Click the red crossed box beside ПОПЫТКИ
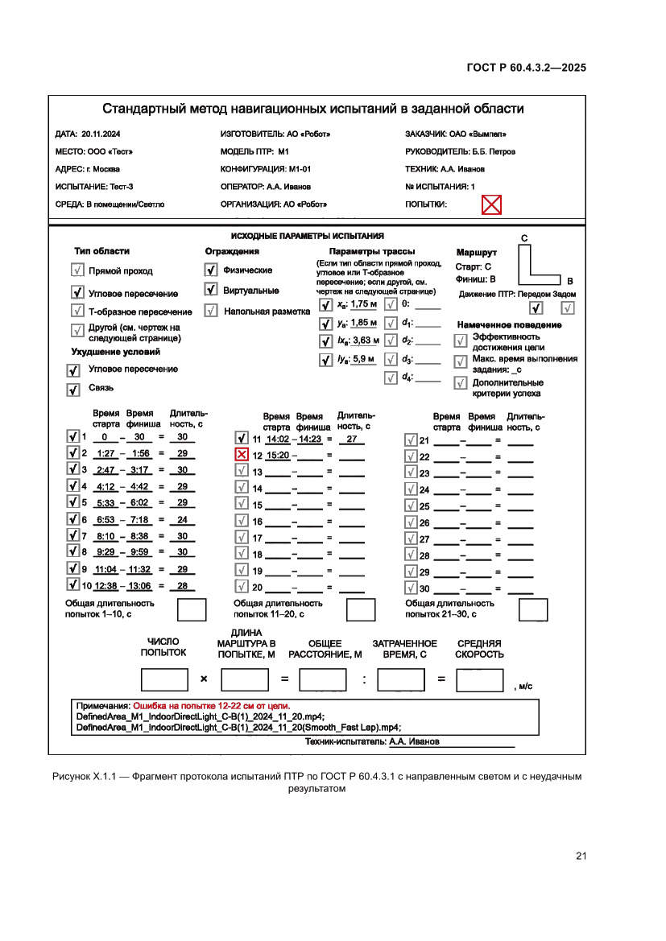pyautogui.click(x=491, y=204)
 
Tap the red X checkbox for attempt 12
pyautogui.click(x=241, y=455)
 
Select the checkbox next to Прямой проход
pyautogui.click(x=78, y=271)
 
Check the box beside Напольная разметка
pyautogui.click(x=211, y=311)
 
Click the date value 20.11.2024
pyautogui.click(x=101, y=134)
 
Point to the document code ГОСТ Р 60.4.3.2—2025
pyautogui.click(x=526, y=68)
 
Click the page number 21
pyautogui.click(x=581, y=856)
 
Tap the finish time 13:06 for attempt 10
pyautogui.click(x=139, y=586)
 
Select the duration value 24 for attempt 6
pyautogui.click(x=182, y=520)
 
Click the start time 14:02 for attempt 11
pyautogui.click(x=277, y=440)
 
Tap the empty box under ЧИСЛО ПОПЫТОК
pyautogui.click(x=163, y=680)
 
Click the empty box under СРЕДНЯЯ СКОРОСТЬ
pyautogui.click(x=479, y=680)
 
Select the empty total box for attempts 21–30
pyautogui.click(x=532, y=610)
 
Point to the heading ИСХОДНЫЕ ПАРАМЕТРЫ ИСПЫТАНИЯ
pyautogui.click(x=307, y=236)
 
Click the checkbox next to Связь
pyautogui.click(x=73, y=390)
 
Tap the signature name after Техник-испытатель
pyautogui.click(x=414, y=741)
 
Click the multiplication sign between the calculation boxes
pyautogui.click(x=203, y=679)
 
